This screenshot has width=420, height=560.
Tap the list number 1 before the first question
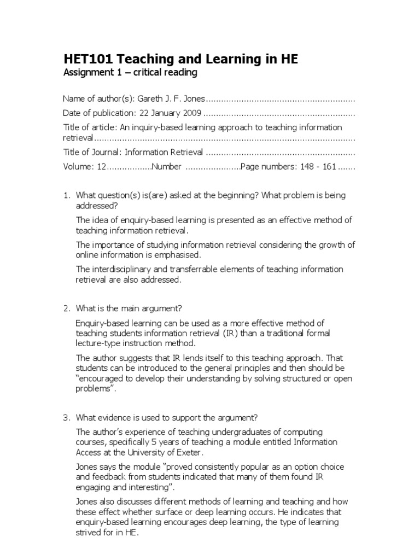click(x=66, y=195)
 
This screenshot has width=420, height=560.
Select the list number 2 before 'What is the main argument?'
click(x=66, y=309)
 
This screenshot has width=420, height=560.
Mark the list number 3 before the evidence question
click(x=66, y=418)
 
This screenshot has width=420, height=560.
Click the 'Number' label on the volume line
click(x=166, y=166)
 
